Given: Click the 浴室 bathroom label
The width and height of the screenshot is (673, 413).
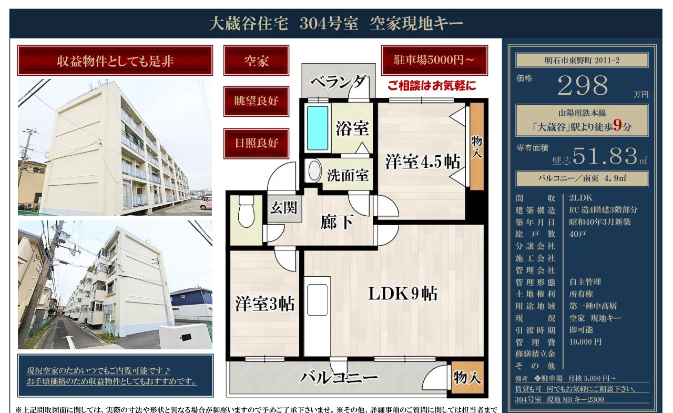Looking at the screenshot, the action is [x=352, y=128].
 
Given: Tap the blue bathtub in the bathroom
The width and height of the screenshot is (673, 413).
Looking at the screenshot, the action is [x=317, y=128].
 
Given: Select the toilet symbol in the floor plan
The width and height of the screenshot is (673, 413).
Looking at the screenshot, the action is [x=246, y=210].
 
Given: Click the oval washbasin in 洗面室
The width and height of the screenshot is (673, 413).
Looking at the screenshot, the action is [x=314, y=171].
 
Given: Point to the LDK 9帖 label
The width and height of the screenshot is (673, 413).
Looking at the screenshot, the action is [x=403, y=294].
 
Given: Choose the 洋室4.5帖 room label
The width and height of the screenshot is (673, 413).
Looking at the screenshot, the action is [x=422, y=162].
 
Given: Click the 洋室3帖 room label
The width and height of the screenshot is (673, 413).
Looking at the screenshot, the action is [x=264, y=304].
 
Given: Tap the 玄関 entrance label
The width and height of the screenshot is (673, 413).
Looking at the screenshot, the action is [x=283, y=208].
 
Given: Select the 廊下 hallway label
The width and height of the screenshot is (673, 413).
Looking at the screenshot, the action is [x=336, y=222].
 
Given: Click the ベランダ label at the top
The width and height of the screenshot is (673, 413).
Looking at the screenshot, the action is [x=338, y=82].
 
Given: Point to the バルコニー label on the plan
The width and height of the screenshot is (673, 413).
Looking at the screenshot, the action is [x=338, y=378].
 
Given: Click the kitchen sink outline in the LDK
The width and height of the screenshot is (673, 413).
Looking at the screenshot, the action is [x=317, y=300].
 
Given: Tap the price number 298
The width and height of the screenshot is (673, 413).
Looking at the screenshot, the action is [x=583, y=85].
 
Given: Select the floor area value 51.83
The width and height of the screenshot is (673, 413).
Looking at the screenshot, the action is [x=605, y=156].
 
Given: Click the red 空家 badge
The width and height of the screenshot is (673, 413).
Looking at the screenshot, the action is [x=256, y=61].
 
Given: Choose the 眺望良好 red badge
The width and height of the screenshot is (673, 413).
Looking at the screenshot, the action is [x=256, y=102].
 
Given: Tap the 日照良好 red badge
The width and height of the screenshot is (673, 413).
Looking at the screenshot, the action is [x=256, y=144].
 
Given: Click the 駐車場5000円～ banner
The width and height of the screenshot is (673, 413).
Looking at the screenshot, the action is [x=434, y=60].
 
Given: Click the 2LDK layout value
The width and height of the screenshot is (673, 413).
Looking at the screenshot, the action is [x=580, y=198].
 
